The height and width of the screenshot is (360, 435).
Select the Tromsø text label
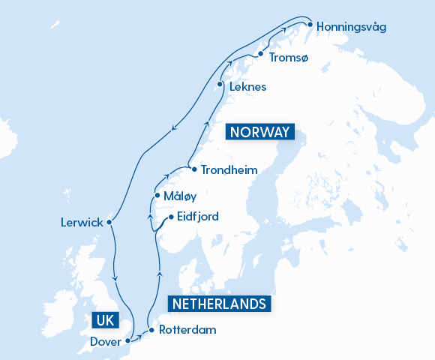[x=288, y=58]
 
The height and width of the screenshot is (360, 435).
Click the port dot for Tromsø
[x=260, y=54]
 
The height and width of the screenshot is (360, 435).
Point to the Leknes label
[x=247, y=87]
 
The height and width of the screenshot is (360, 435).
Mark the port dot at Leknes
[x=220, y=84]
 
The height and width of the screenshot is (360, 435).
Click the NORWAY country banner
[x=259, y=132]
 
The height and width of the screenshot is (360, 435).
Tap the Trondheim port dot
[x=194, y=169]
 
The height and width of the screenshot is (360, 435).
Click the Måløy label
[x=178, y=196]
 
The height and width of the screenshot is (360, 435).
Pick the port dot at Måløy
[x=156, y=196]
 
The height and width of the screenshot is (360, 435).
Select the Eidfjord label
[x=199, y=218]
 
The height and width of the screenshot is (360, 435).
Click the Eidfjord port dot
[x=171, y=217]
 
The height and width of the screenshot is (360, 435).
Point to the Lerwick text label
[x=81, y=223]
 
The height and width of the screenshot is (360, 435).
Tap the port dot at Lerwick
[x=109, y=222]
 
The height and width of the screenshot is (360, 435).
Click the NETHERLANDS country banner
[x=218, y=304]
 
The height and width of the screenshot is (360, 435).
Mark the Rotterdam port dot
[x=151, y=330]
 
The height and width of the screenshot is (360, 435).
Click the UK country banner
[x=103, y=320]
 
